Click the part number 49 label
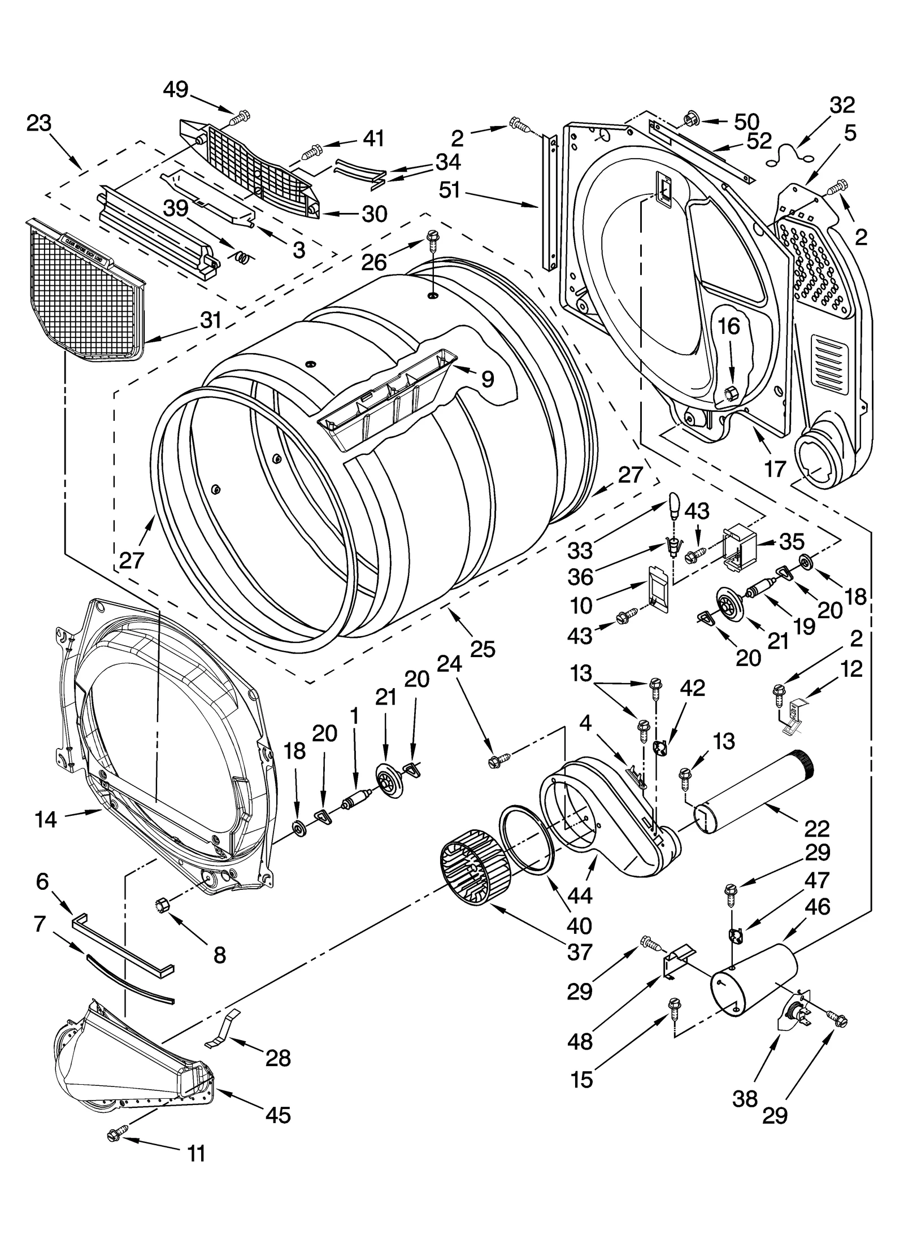coord(175,89)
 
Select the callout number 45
coord(277,1115)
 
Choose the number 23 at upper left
coord(39,123)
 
